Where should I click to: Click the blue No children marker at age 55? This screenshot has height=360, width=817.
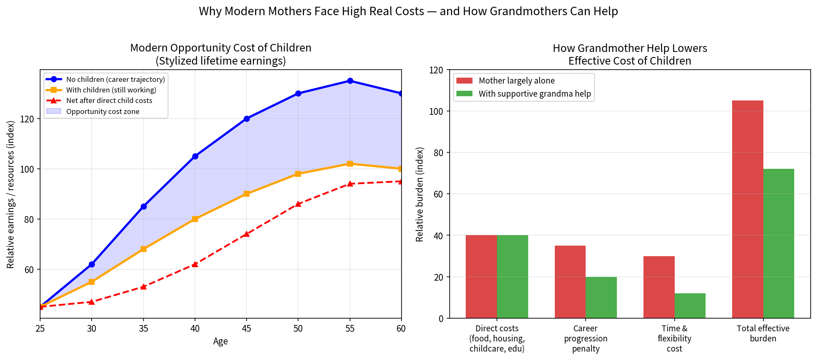click(350, 81)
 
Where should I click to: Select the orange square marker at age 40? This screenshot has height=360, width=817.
click(195, 219)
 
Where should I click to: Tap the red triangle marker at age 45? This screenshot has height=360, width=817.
click(247, 234)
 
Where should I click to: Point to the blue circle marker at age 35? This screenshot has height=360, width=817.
click(144, 206)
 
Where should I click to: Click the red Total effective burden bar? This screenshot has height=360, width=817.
click(748, 209)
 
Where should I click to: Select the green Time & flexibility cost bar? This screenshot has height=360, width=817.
click(690, 306)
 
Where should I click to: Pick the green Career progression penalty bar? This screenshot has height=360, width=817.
click(601, 298)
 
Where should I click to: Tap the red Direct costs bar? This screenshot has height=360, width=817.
click(481, 277)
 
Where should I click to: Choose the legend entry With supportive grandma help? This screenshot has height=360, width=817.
click(524, 94)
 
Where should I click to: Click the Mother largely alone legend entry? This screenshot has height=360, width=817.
click(506, 81)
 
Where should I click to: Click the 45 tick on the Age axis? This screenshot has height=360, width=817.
click(247, 329)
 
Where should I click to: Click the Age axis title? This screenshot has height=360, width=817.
click(220, 341)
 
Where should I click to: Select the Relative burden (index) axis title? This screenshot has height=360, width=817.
click(419, 194)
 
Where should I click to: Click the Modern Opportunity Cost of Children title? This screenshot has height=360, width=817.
click(221, 48)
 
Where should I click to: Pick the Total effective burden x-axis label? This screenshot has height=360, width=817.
click(763, 333)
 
